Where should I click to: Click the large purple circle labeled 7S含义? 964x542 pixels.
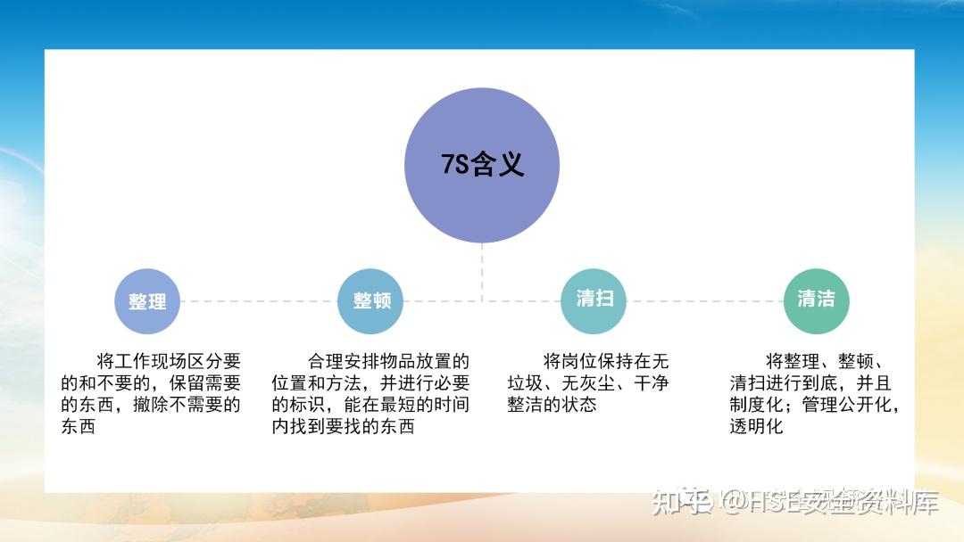(x=482, y=166)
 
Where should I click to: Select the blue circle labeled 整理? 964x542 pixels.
(x=147, y=301)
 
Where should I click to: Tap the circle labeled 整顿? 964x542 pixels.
(x=371, y=301)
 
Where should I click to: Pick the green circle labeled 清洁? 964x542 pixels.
(x=816, y=300)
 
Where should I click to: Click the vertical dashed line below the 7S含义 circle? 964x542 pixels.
(x=482, y=272)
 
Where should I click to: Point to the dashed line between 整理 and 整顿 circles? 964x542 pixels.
(x=259, y=301)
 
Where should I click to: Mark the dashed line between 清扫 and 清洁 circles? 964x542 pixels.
(x=705, y=301)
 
